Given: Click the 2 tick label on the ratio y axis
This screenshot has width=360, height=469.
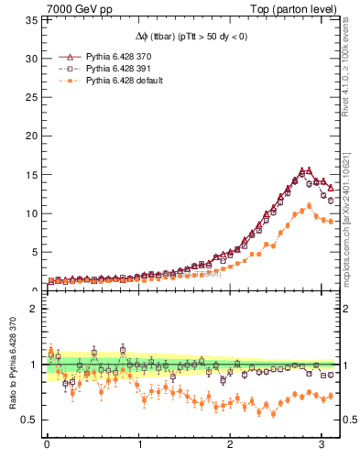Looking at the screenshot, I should point(34,309).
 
